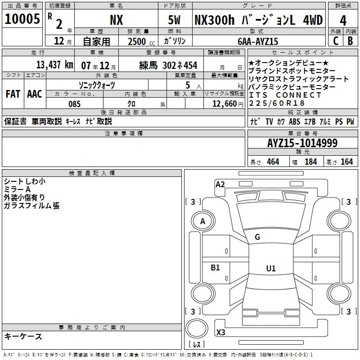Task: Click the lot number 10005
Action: pyautogui.click(x=22, y=19)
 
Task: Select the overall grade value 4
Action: pyautogui.click(x=343, y=21)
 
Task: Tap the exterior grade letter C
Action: pyautogui.click(x=336, y=41)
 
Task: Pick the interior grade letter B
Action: pyautogui.click(x=350, y=41)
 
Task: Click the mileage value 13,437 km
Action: pyautogui.click(x=55, y=65)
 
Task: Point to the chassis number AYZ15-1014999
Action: pyautogui.click(x=302, y=143)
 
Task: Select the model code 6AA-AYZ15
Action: pyautogui.click(x=258, y=41)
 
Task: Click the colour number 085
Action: pyautogui.click(x=75, y=104)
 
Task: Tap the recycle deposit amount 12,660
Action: pyautogui.click(x=224, y=104)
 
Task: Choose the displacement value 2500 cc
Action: pyautogui.click(x=141, y=41)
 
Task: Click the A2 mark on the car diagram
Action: pyautogui.click(x=220, y=184)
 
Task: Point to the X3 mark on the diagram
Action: pyautogui.click(x=220, y=332)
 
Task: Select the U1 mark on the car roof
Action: pyautogui.click(x=271, y=268)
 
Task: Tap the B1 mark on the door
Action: pyautogui.click(x=215, y=267)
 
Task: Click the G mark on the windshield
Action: pyautogui.click(x=257, y=237)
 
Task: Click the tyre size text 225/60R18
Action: pyautogui.click(x=277, y=103)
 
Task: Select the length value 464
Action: pyautogui.click(x=273, y=162)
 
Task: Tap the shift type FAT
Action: pyautogui.click(x=13, y=94)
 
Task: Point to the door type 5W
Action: pyautogui.click(x=174, y=20)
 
